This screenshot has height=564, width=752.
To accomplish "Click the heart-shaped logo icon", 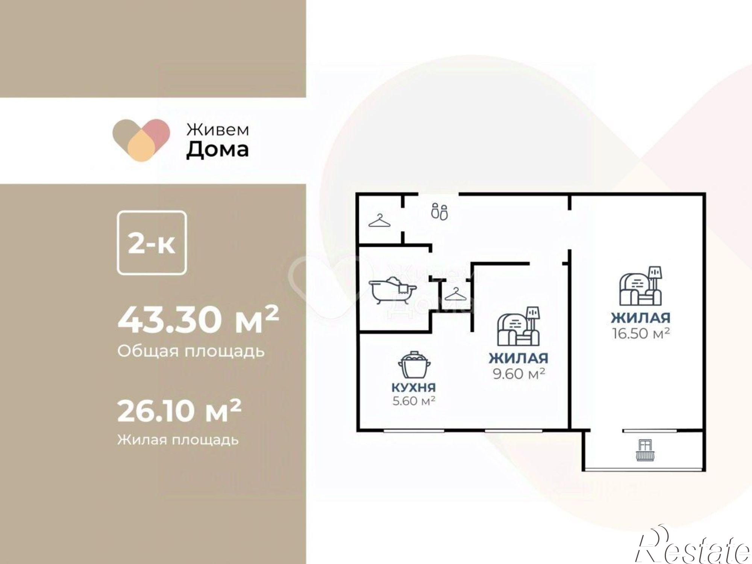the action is [x=141, y=140].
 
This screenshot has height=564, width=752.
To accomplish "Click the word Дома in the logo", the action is [x=218, y=149].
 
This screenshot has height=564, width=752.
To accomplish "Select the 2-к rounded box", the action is [x=152, y=243].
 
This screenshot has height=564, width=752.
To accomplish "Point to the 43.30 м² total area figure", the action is [x=199, y=319].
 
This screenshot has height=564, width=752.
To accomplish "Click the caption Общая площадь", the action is [x=191, y=351].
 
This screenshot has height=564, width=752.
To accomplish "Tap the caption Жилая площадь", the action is [x=178, y=439].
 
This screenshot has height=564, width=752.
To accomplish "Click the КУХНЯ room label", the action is [x=414, y=387].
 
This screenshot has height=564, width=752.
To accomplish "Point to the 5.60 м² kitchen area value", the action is [x=414, y=401].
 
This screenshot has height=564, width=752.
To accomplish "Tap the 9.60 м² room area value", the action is [x=519, y=374].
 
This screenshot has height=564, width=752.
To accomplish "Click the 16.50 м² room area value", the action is [x=641, y=333].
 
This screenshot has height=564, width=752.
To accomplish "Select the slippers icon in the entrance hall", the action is [x=439, y=211].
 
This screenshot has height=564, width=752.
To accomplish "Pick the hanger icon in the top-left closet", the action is [x=379, y=221].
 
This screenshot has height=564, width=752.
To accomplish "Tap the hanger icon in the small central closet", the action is [x=455, y=294].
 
